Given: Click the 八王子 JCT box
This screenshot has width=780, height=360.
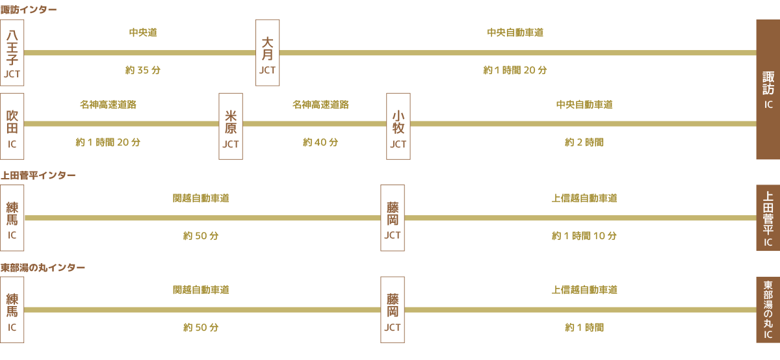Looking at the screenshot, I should (12, 53).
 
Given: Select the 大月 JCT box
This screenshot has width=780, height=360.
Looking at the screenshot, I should (267, 53).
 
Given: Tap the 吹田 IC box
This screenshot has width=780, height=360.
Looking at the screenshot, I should (12, 126).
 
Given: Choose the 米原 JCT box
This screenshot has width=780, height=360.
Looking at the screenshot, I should (231, 126).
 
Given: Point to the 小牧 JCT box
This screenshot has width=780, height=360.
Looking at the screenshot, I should (398, 126).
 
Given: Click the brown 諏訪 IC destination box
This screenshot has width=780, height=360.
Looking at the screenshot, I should (768, 89).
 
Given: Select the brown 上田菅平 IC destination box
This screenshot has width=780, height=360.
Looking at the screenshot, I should (768, 218).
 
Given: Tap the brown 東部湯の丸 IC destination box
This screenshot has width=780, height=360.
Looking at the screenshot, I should (768, 310).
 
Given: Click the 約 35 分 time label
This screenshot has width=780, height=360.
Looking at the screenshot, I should (142, 70).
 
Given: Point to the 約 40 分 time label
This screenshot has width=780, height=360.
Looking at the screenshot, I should (320, 142).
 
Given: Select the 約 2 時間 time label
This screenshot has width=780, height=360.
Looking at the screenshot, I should (584, 142).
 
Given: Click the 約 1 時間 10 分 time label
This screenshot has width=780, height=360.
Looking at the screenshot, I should (584, 236).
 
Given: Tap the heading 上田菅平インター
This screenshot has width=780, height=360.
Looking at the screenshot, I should (38, 175).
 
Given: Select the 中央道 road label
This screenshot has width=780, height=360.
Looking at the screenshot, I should (143, 32).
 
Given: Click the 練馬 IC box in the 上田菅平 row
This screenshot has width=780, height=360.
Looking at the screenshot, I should (12, 218).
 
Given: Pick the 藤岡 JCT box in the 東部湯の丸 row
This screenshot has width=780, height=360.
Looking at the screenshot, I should (392, 310).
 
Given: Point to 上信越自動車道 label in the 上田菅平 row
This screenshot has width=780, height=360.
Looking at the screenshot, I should (584, 198).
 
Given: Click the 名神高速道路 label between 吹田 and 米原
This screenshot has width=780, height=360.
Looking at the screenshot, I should (108, 104).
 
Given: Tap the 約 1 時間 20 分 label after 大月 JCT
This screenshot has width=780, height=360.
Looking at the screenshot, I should (515, 70).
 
